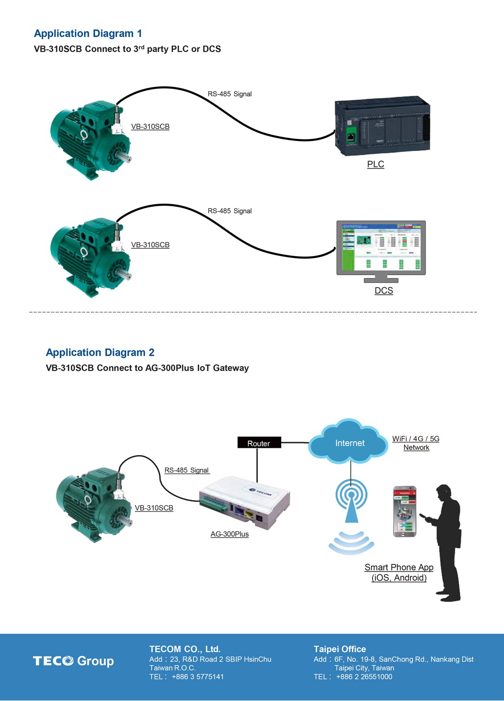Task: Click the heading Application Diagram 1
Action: tap(88, 34)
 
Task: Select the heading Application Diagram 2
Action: tap(100, 352)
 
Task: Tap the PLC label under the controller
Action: tap(375, 164)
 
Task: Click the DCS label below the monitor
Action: tap(384, 291)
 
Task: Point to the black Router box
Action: tap(259, 443)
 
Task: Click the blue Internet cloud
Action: tap(349, 443)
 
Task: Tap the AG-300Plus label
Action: tap(229, 534)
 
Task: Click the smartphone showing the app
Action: tap(405, 511)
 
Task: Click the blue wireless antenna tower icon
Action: tap(351, 501)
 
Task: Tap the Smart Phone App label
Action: tap(399, 568)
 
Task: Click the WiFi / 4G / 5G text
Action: tap(416, 439)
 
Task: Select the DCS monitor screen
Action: tap(381, 247)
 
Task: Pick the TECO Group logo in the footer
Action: tap(73, 661)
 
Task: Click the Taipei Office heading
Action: tap(339, 649)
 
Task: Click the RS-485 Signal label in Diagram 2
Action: tap(187, 470)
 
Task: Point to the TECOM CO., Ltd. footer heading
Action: tap(185, 649)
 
